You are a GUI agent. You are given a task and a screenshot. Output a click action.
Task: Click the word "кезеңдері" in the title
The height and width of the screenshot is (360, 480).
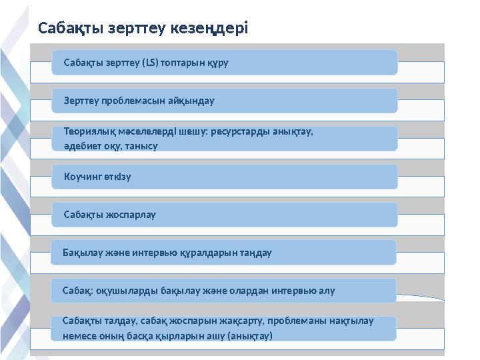pyautogui.click(x=209, y=28)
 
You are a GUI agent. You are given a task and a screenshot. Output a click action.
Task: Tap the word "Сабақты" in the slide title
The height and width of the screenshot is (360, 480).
pyautogui.click(x=71, y=29)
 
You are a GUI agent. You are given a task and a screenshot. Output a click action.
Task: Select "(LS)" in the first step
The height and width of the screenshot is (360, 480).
pyautogui.click(x=150, y=63)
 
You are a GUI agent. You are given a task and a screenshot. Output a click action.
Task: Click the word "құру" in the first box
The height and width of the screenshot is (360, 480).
pyautogui.click(x=218, y=63)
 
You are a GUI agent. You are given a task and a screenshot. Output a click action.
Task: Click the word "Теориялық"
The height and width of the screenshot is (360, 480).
pyautogui.click(x=90, y=132)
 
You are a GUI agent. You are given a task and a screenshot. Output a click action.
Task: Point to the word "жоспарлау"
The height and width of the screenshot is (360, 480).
pyautogui.click(x=131, y=215)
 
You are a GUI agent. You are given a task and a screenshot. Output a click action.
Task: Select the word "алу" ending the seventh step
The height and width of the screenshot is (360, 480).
pyautogui.click(x=327, y=291)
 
